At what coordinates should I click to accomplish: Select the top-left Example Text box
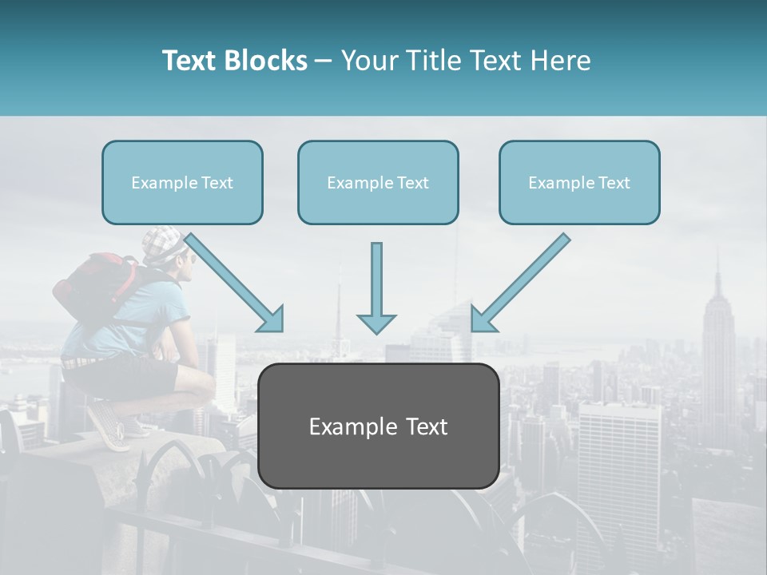[x=182, y=183]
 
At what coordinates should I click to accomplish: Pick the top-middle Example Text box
[x=378, y=183]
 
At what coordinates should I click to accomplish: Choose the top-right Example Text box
[x=579, y=183]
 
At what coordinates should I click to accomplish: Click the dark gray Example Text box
[x=378, y=426]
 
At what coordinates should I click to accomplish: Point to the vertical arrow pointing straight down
[x=376, y=287]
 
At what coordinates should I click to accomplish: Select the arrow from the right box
[x=520, y=283]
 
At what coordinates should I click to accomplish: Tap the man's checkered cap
[x=164, y=240]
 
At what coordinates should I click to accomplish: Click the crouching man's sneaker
[x=108, y=424]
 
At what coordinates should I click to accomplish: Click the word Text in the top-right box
[x=614, y=183]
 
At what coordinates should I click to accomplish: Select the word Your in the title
[x=367, y=61]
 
